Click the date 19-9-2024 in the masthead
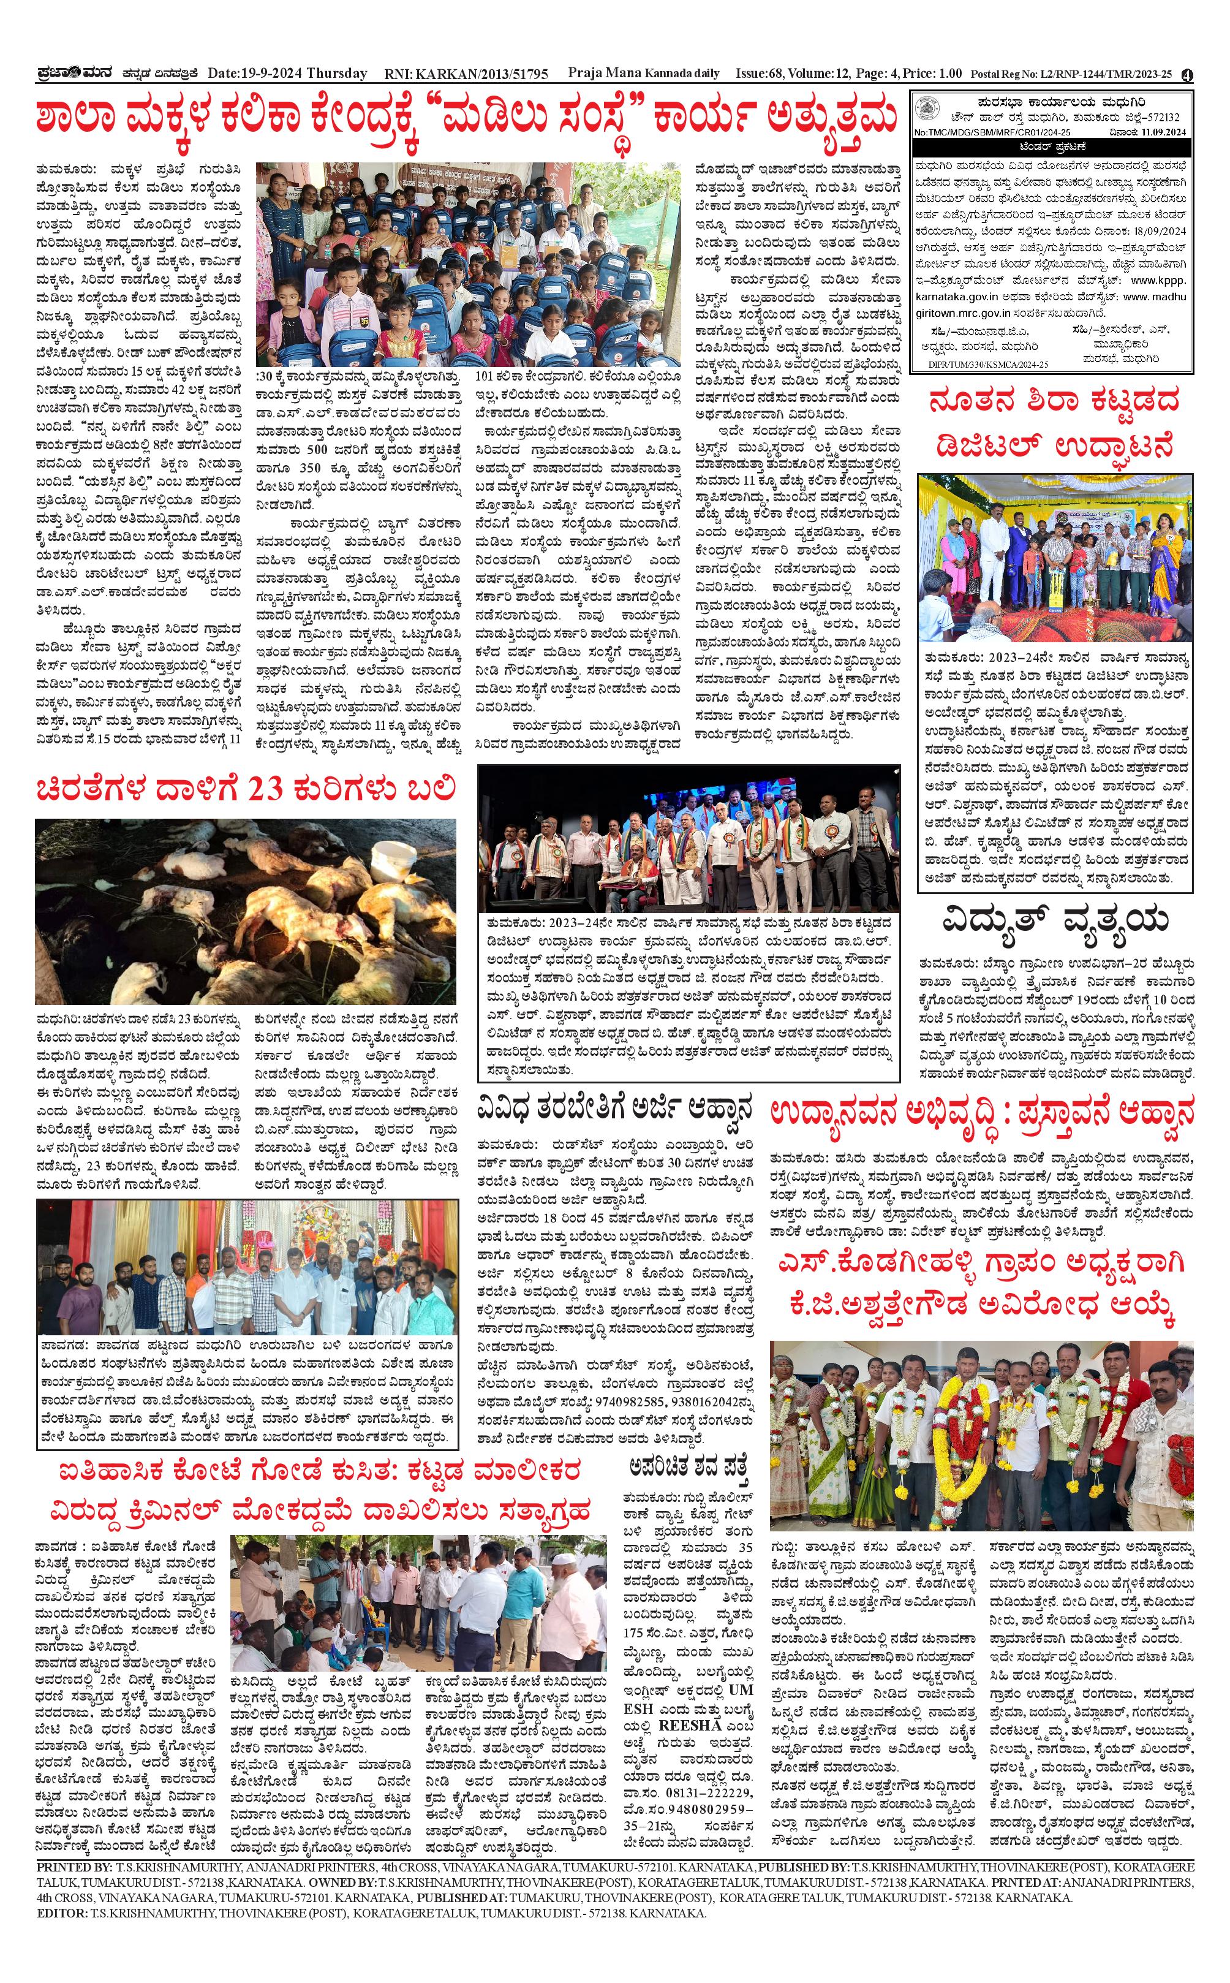click(268, 74)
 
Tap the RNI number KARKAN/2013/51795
click(480, 74)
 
